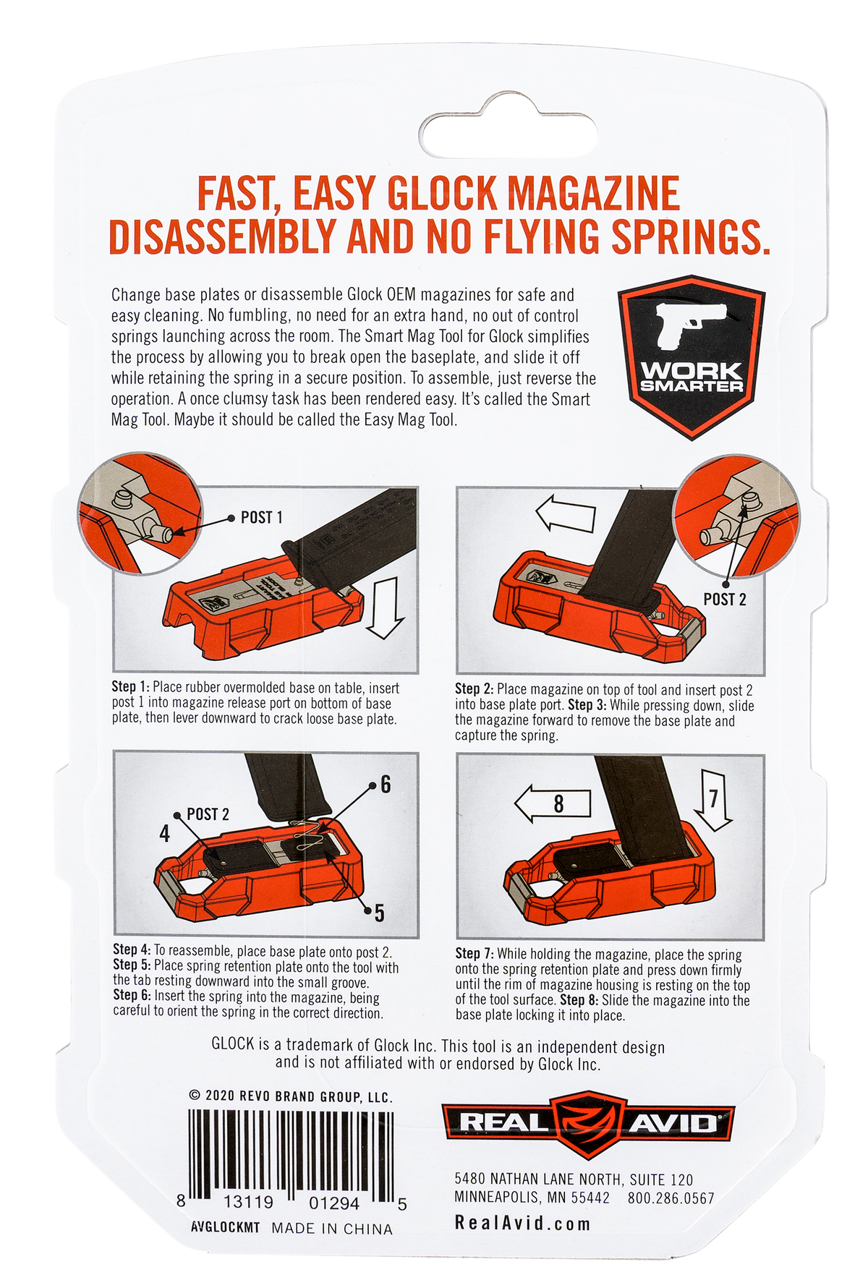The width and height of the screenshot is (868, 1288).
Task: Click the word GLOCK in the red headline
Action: [443, 193]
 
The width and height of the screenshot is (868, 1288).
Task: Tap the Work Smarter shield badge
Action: [692, 357]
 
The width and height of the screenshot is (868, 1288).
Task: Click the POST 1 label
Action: [261, 517]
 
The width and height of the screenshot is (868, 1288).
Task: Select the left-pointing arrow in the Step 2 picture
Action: [565, 515]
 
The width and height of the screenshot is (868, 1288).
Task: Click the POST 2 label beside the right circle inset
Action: [724, 599]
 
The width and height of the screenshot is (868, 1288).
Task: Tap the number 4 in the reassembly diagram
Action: [165, 834]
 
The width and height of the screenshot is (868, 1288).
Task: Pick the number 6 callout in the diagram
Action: [386, 785]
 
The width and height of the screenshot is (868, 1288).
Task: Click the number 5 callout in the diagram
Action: [379, 914]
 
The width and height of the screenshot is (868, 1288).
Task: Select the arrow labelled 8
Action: [552, 803]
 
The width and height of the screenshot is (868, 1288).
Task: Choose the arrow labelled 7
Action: [713, 799]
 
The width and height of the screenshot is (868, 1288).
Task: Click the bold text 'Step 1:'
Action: [130, 687]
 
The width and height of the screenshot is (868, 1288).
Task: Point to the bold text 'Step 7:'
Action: [475, 954]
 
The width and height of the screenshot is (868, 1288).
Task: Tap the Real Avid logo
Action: [588, 1123]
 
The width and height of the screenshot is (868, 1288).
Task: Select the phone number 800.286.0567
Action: [671, 1198]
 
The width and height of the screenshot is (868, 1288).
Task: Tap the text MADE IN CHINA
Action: [332, 1229]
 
